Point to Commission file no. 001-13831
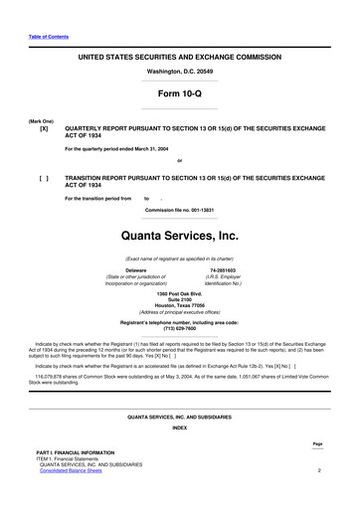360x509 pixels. [179, 210]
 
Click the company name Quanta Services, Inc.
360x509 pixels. [179, 238]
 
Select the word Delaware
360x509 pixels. [136, 269]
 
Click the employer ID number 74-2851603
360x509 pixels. [223, 269]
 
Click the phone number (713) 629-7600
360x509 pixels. [179, 328]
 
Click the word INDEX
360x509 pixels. [179, 427]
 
